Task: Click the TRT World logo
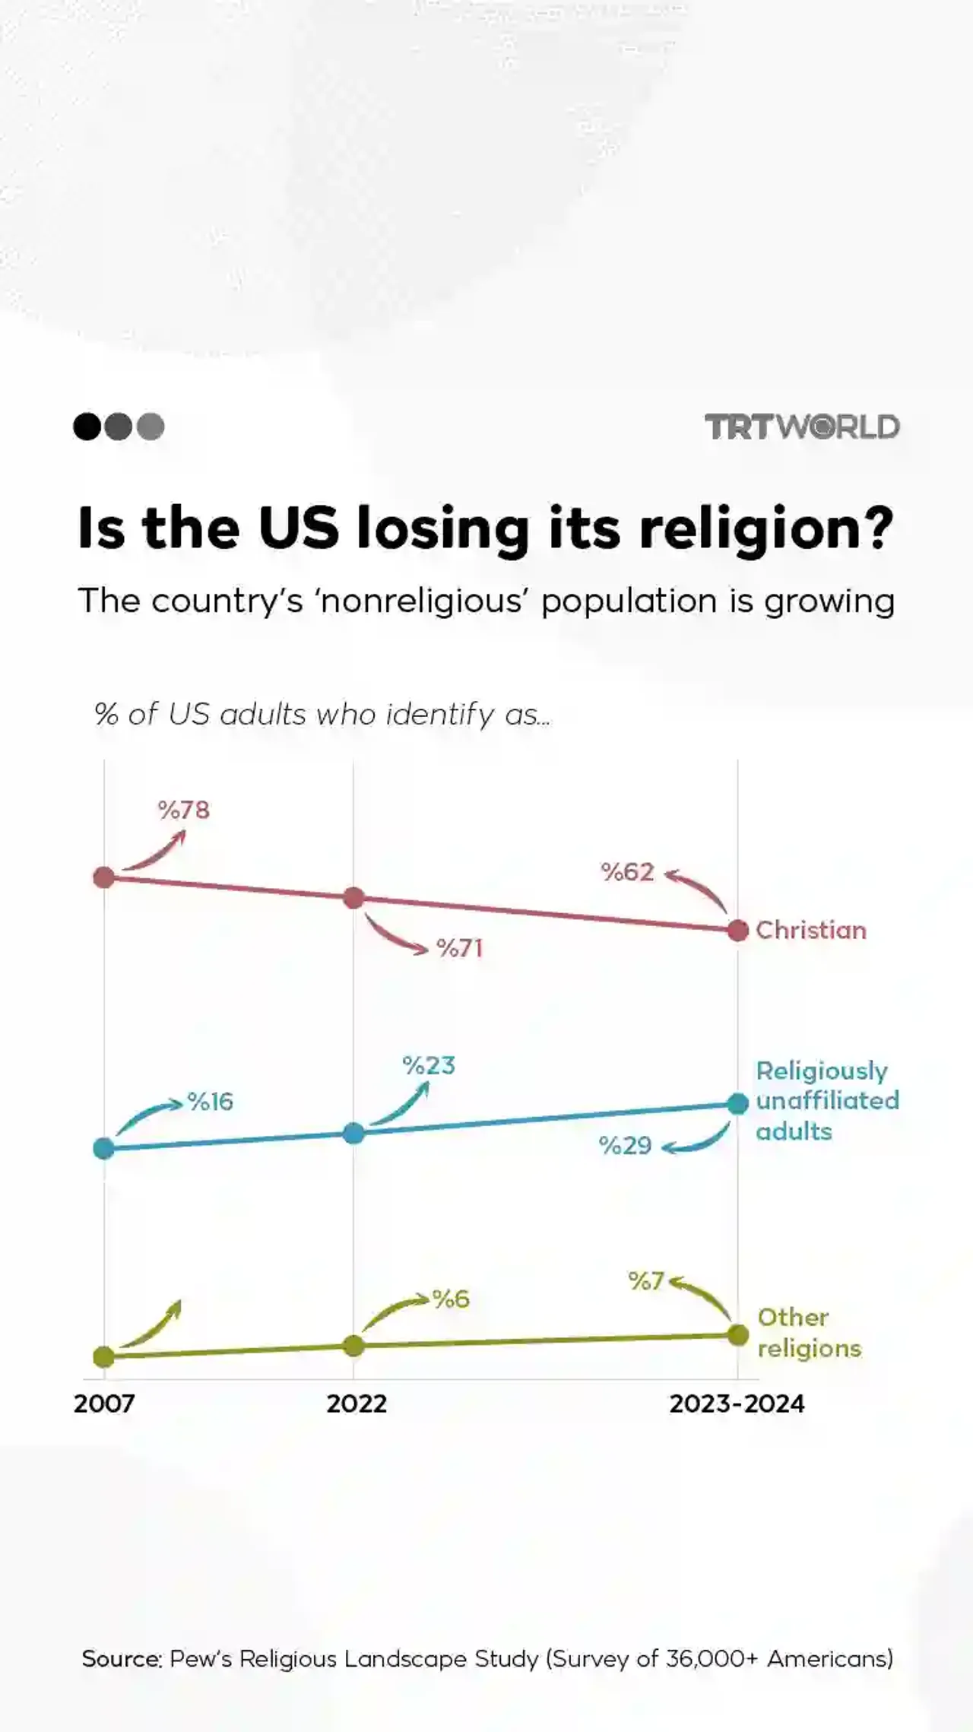(x=802, y=427)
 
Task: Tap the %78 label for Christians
(x=184, y=810)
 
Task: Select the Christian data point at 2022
(x=353, y=898)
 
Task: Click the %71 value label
(x=460, y=948)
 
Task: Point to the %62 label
(x=627, y=872)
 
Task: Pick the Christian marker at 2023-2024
(x=737, y=930)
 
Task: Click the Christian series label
(x=811, y=930)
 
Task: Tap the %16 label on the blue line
(x=211, y=1102)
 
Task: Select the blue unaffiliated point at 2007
(x=104, y=1148)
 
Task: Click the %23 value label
(x=429, y=1066)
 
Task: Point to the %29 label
(x=625, y=1146)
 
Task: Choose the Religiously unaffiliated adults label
(x=826, y=1101)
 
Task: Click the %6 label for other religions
(x=451, y=1299)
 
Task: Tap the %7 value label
(x=646, y=1281)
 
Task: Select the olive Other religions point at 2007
(x=104, y=1356)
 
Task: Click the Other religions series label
(x=809, y=1333)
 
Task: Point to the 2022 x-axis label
(x=357, y=1404)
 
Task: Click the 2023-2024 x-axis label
(x=737, y=1404)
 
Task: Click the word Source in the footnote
(x=122, y=1658)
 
